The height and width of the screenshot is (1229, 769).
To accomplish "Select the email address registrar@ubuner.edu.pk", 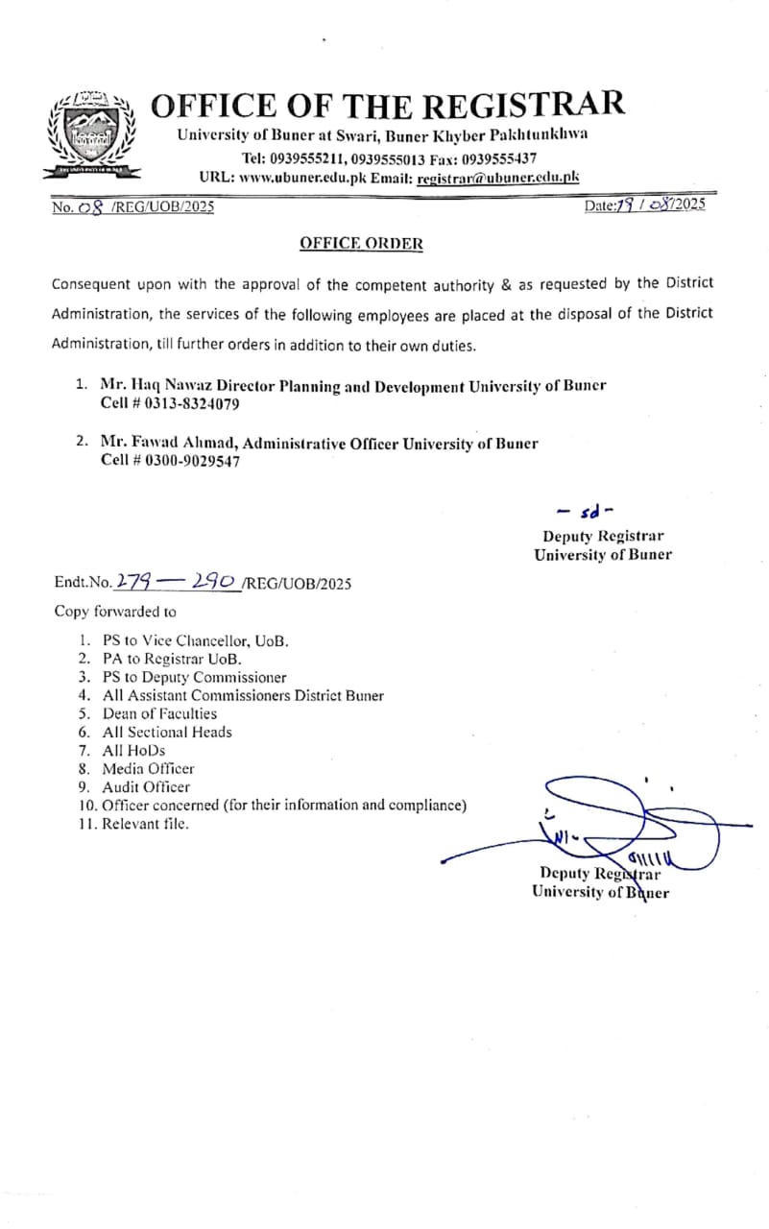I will pyautogui.click(x=498, y=178).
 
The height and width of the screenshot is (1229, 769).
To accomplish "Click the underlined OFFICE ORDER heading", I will pyautogui.click(x=361, y=244).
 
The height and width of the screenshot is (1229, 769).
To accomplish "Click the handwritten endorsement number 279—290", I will pyautogui.click(x=177, y=581).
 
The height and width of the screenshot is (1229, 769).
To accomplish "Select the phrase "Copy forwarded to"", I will pyautogui.click(x=115, y=611).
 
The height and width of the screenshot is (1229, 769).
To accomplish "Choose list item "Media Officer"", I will pyautogui.click(x=148, y=768).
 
